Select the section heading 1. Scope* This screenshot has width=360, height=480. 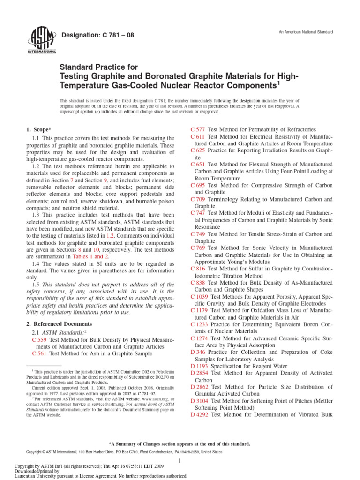[x=37, y=129]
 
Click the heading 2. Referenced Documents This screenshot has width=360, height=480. [x=59, y=324]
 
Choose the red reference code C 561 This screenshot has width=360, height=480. [x=39, y=354]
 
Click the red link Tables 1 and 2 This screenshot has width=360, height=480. [x=90, y=257]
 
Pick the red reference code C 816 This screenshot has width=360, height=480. [x=198, y=269]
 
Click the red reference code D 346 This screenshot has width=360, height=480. [x=198, y=352]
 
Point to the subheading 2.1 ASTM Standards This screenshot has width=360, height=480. [x=52, y=332]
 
